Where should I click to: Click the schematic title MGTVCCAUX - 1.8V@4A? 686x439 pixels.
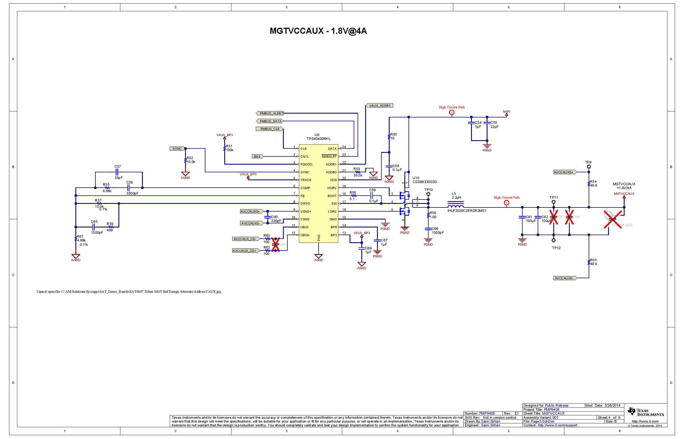pyautogui.click(x=318, y=31)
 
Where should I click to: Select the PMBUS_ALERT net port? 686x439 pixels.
pyautogui.click(x=270, y=113)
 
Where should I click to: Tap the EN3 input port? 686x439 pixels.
pyautogui.click(x=257, y=156)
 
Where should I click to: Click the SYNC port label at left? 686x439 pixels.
pyautogui.click(x=177, y=148)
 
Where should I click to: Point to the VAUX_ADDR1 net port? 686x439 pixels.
pyautogui.click(x=379, y=105)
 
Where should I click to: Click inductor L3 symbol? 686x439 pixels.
pyautogui.click(x=455, y=205)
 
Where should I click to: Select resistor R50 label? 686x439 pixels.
pyautogui.click(x=394, y=134)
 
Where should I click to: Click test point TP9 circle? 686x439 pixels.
pyautogui.click(x=589, y=167)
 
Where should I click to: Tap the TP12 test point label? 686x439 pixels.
pyautogui.click(x=556, y=248)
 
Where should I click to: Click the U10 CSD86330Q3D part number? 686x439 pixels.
pyautogui.click(x=424, y=182)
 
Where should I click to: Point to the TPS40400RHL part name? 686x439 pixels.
pyautogui.click(x=319, y=139)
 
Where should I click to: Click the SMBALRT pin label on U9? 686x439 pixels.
pyautogui.click(x=329, y=156)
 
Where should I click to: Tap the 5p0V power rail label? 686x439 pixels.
pyautogui.click(x=506, y=112)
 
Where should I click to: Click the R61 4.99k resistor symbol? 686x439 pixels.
pyautogui.click(x=75, y=239)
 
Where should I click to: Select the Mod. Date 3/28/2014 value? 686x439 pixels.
pyautogui.click(x=612, y=405)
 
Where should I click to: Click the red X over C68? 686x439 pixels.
pyautogui.click(x=275, y=244)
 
